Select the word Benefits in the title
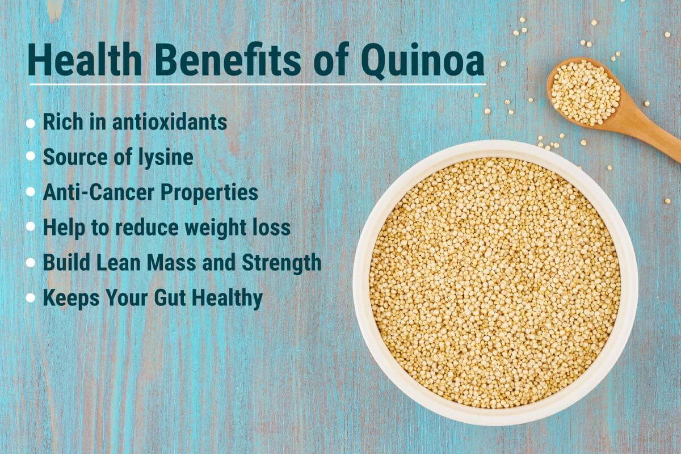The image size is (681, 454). (x=229, y=60)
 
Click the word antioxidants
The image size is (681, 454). (x=170, y=122)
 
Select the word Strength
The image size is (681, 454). (x=281, y=263)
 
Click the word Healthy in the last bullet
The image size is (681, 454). (x=227, y=299)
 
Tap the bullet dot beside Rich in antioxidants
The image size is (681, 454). (x=31, y=124)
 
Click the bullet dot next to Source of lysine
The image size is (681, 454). (x=31, y=156)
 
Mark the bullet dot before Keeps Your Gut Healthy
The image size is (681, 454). (x=31, y=298)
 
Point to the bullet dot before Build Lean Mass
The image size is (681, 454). (x=31, y=262)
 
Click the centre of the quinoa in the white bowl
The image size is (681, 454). (x=495, y=283)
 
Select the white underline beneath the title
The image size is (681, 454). (x=258, y=84)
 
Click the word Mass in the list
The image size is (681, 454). (x=171, y=263)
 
